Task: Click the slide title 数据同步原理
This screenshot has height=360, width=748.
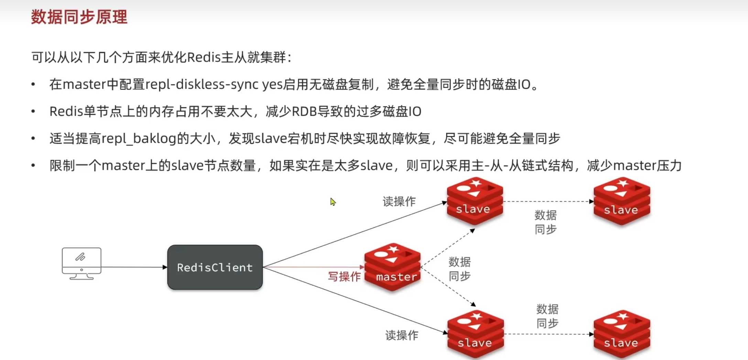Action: (x=79, y=17)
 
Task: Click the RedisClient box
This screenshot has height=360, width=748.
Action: (x=215, y=267)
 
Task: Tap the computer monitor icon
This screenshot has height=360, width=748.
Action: (x=82, y=263)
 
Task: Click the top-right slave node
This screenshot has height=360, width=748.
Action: (x=622, y=201)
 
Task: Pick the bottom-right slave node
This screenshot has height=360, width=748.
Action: (x=622, y=334)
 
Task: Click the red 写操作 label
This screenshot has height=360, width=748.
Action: (x=344, y=276)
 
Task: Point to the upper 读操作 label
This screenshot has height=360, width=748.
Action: (x=399, y=201)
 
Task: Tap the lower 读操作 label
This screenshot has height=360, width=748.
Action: (x=402, y=335)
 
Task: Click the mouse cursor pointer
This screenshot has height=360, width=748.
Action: (x=333, y=201)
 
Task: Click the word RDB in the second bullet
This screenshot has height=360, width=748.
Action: (x=304, y=111)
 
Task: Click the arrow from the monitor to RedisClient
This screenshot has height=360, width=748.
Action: (x=134, y=267)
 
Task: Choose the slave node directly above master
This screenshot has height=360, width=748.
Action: (x=475, y=201)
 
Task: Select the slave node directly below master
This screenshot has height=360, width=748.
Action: (x=476, y=334)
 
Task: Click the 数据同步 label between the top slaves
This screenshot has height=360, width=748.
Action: (x=546, y=222)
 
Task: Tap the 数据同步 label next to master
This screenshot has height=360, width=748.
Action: (x=460, y=269)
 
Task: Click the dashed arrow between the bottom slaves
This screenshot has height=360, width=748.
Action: (x=549, y=334)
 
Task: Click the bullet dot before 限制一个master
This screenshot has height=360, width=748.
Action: (x=33, y=166)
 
